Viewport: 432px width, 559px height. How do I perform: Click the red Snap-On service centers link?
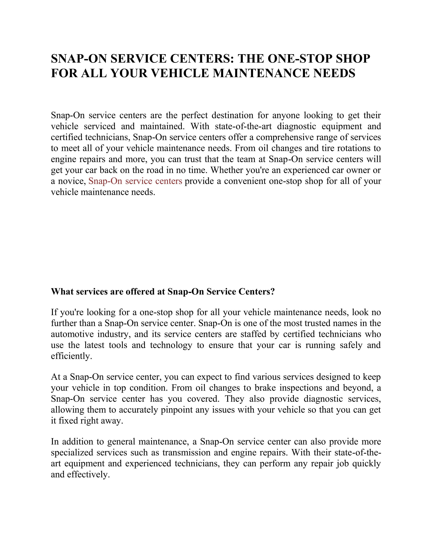[135, 181]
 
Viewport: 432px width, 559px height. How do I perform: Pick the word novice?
[72, 181]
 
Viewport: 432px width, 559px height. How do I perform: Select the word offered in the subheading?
[141, 291]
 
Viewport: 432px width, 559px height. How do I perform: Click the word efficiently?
[71, 356]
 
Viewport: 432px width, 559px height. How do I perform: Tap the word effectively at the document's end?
[88, 475]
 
